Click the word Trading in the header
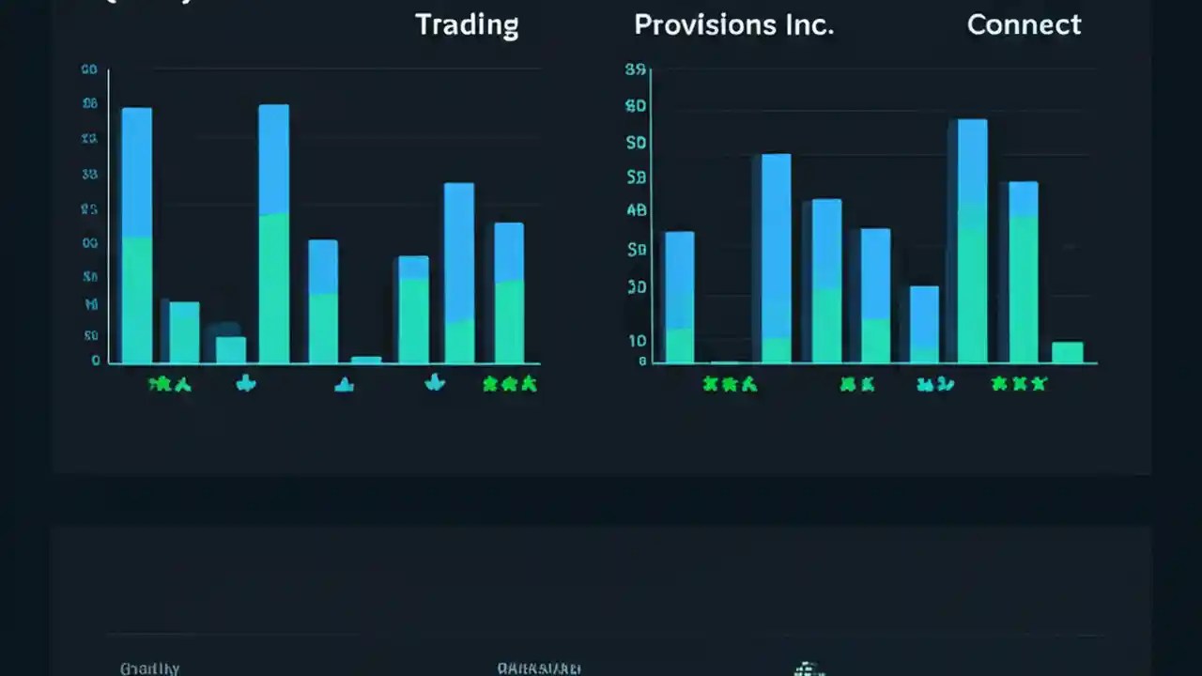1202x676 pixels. (x=467, y=25)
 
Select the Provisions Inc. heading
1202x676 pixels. (x=733, y=25)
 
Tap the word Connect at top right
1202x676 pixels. (x=1024, y=25)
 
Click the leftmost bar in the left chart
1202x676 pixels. (x=137, y=235)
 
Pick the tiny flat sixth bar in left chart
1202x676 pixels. (x=366, y=360)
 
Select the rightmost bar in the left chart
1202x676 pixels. (x=509, y=292)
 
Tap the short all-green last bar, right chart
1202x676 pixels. (x=1068, y=352)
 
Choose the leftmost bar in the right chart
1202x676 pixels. (x=679, y=297)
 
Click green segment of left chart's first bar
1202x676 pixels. (x=137, y=300)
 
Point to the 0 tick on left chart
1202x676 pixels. (x=96, y=361)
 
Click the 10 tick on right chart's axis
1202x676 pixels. (x=637, y=341)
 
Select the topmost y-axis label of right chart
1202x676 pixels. (x=636, y=70)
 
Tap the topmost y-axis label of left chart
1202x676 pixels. (x=90, y=70)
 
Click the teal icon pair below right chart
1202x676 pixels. (x=935, y=384)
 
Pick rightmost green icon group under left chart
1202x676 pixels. (x=509, y=383)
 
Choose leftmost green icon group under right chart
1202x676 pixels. (x=730, y=384)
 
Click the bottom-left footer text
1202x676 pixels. (x=149, y=668)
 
